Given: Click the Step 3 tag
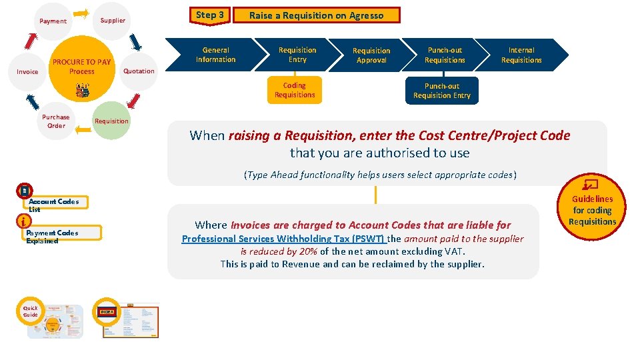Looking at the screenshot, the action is [x=210, y=15].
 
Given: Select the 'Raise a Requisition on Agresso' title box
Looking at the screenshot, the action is [x=316, y=15].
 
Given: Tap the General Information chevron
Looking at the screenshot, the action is [x=216, y=55].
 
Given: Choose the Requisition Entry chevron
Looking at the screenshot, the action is [x=297, y=55].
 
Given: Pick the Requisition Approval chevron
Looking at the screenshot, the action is [x=371, y=55].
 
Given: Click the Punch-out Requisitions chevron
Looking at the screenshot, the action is [x=445, y=55].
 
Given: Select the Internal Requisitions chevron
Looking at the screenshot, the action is [x=521, y=55].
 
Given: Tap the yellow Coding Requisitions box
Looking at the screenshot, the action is [x=295, y=90].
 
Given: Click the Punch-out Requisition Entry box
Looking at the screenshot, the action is [x=441, y=91].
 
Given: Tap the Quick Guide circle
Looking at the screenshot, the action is [x=31, y=311].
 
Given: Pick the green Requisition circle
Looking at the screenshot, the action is [x=111, y=121].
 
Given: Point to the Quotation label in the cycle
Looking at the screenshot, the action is [x=139, y=71].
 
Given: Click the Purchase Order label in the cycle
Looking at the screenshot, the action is [x=56, y=121].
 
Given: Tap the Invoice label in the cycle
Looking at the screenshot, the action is [x=27, y=71].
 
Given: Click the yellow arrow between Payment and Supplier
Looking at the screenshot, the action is [x=81, y=13].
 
